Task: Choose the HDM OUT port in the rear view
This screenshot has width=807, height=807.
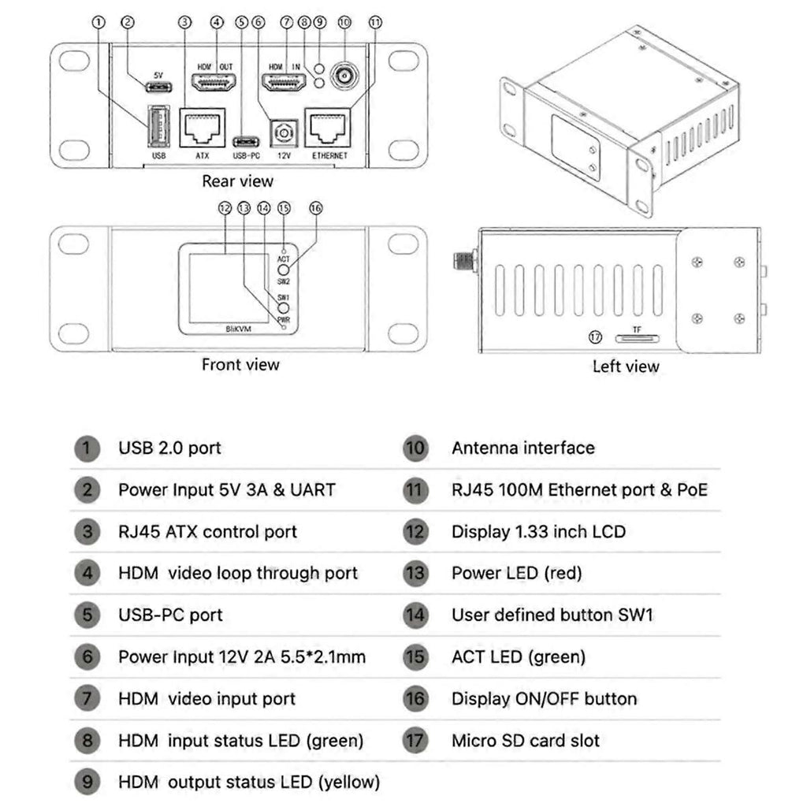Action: coord(215,81)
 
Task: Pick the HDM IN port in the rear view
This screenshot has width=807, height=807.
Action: coord(284,81)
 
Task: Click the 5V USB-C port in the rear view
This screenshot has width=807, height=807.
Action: coord(158,86)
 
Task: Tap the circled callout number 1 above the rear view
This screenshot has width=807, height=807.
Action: coord(98,23)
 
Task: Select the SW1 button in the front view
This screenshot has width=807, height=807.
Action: coord(284,308)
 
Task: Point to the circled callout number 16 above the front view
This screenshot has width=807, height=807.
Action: coord(316,208)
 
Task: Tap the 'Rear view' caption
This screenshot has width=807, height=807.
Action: coord(237,181)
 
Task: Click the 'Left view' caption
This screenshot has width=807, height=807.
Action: coord(626,366)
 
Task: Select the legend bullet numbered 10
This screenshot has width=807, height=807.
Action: coord(415,448)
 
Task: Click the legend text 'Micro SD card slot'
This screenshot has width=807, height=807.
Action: coord(525,741)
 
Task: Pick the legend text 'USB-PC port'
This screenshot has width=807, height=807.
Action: coord(170,615)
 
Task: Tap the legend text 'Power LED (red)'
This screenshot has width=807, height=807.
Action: coord(516,573)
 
